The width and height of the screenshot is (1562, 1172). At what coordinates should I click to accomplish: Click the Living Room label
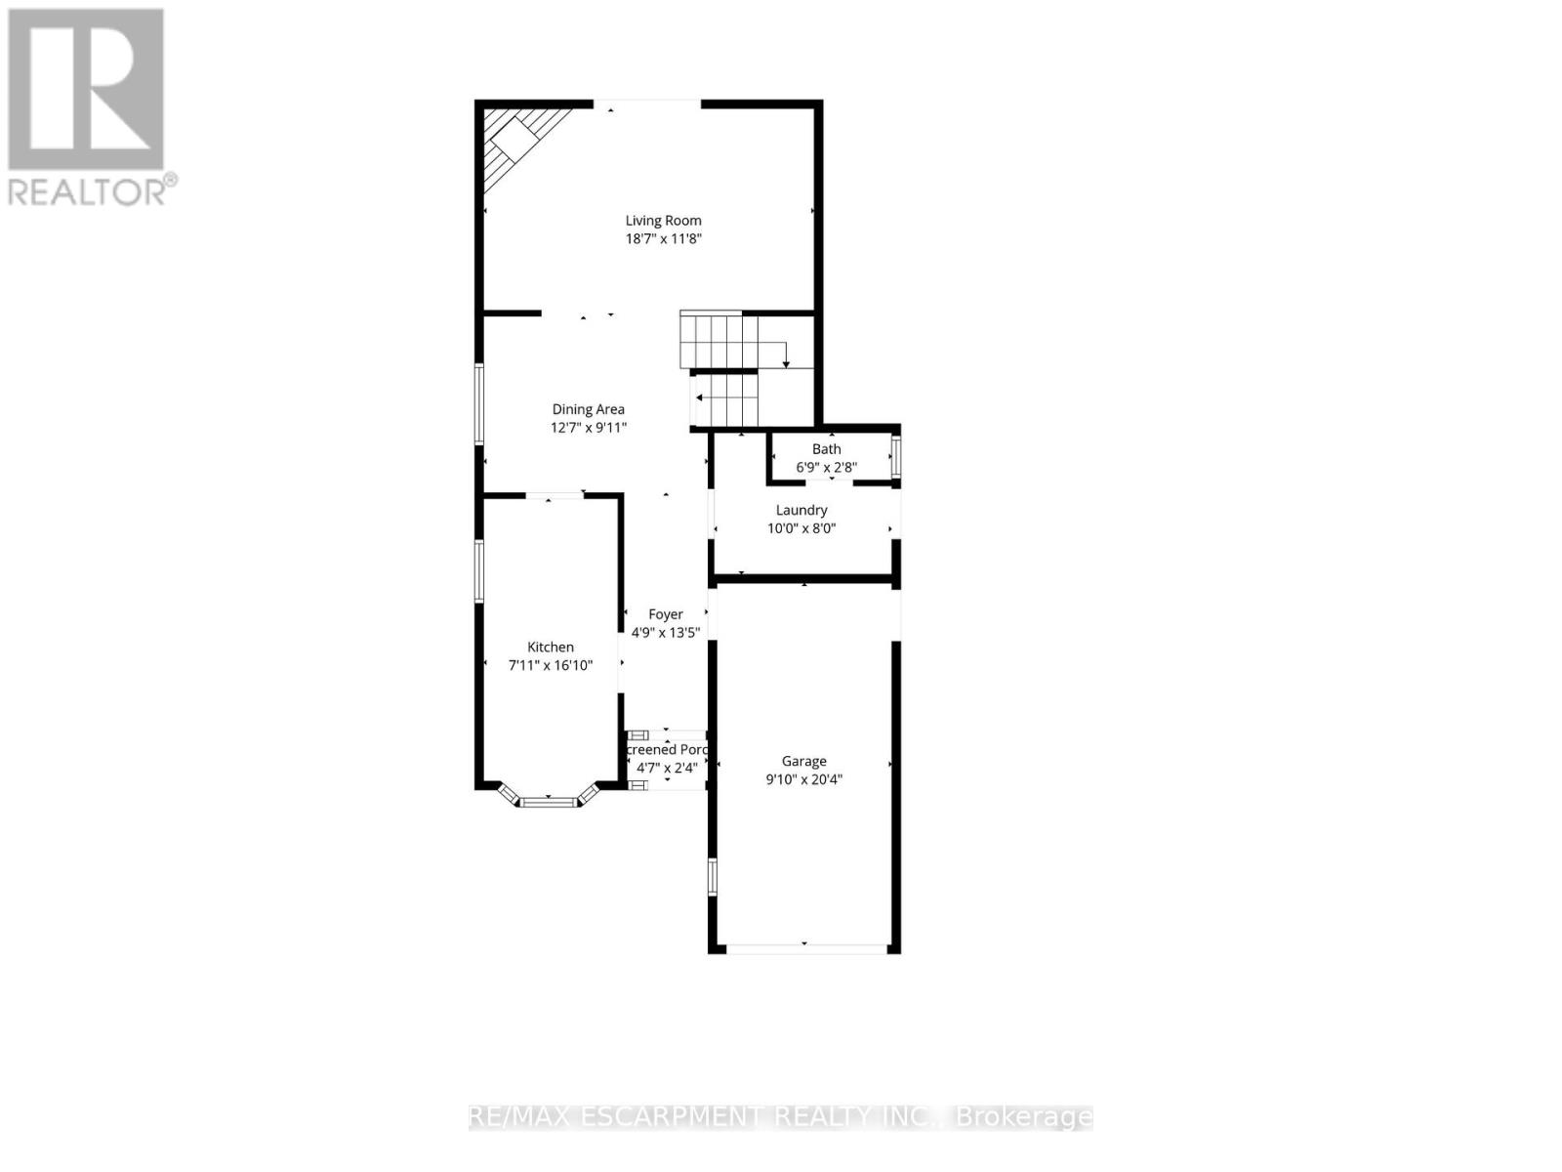click(663, 221)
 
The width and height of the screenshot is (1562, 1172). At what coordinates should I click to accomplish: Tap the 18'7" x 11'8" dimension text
click(663, 239)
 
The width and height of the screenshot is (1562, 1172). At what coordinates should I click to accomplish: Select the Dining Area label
click(588, 409)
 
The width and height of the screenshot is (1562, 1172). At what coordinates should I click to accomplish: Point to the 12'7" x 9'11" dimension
click(588, 428)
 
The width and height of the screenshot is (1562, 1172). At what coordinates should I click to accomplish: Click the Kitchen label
click(551, 647)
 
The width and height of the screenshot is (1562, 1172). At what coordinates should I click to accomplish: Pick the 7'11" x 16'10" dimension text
click(551, 665)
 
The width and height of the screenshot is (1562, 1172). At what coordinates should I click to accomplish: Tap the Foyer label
click(666, 614)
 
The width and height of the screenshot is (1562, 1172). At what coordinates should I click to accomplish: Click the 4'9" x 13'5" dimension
click(666, 633)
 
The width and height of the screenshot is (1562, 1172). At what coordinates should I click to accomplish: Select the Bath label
click(826, 449)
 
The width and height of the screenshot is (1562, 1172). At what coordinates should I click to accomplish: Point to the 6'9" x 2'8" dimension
click(826, 468)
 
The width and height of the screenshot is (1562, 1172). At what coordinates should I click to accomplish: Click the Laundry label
click(802, 510)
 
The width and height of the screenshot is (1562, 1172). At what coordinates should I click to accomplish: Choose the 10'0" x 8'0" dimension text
click(802, 528)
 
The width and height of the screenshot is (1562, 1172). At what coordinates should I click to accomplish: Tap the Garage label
click(803, 761)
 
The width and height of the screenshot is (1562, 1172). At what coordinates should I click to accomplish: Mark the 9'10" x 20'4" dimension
click(803, 779)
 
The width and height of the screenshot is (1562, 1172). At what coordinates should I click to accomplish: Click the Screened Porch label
click(667, 749)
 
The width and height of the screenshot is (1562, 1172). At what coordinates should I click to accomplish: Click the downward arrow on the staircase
click(786, 362)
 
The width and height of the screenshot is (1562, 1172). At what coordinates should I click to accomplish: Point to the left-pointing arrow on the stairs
click(700, 398)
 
